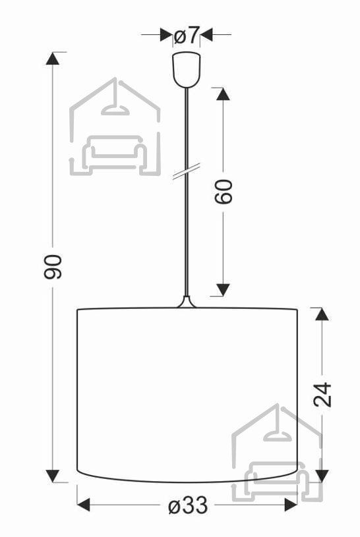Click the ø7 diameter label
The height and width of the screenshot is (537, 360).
pyautogui.click(x=187, y=35)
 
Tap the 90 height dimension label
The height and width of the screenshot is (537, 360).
pyautogui.click(x=53, y=267)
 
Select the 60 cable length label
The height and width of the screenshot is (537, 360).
pyautogui.click(x=224, y=192)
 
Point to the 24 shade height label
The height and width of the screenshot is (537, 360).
pyautogui.click(x=322, y=395)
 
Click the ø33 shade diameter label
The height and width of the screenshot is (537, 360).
pyautogui.click(x=188, y=505)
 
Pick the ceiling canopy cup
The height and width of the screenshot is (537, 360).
pyautogui.click(x=187, y=70)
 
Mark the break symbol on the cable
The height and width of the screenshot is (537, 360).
pyautogui.click(x=186, y=171)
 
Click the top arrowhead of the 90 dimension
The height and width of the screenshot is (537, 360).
pyautogui.click(x=53, y=58)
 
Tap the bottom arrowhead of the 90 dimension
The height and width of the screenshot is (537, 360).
pyautogui.click(x=53, y=476)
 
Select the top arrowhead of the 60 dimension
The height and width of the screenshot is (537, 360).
pyautogui.click(x=224, y=94)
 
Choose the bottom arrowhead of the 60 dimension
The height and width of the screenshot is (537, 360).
pyautogui.click(x=224, y=290)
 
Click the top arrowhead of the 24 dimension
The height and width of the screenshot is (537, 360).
pyautogui.click(x=322, y=314)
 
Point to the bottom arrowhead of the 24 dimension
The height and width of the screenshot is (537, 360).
pyautogui.click(x=322, y=476)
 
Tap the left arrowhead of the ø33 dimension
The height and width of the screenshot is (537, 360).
pyautogui.click(x=84, y=505)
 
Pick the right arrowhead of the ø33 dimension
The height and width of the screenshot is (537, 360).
pyautogui.click(x=291, y=505)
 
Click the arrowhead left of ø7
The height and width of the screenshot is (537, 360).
pyautogui.click(x=166, y=34)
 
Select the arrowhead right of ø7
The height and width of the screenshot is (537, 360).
pyautogui.click(x=207, y=34)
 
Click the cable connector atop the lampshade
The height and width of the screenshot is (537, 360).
pyautogui.click(x=187, y=302)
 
